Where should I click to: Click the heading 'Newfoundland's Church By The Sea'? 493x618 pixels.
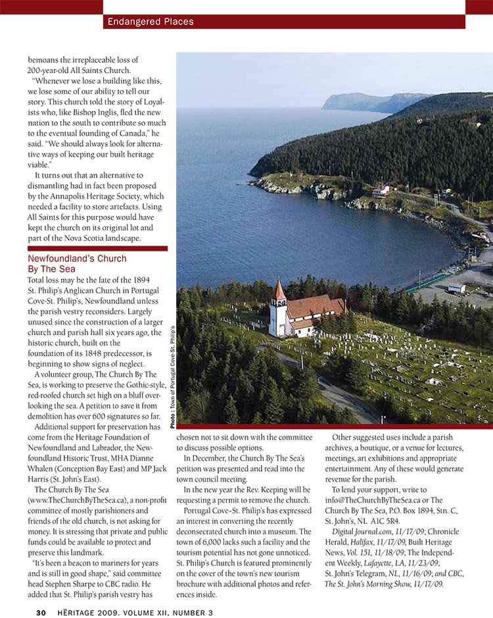click(x=77, y=264)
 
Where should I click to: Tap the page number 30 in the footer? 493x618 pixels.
click(x=41, y=613)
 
